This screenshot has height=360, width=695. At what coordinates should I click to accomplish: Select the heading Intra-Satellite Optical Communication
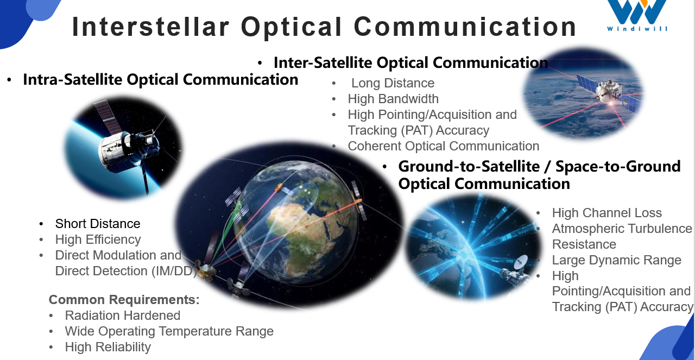click(160, 80)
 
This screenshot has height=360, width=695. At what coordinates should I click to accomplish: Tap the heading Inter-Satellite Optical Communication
click(410, 62)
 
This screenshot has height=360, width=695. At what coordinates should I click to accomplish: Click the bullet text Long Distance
click(393, 83)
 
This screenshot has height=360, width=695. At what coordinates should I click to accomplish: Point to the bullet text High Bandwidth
click(393, 99)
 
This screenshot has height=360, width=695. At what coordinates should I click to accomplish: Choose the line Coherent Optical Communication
click(443, 146)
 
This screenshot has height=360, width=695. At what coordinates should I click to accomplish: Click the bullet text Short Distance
click(98, 224)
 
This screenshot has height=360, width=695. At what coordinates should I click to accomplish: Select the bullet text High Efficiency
click(98, 239)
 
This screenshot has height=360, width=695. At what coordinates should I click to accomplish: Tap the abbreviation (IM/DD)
click(176, 271)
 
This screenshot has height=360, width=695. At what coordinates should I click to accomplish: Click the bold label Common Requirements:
click(124, 300)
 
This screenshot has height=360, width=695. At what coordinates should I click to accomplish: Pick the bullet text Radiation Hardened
click(122, 315)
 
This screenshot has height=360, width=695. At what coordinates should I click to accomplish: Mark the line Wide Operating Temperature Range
click(169, 331)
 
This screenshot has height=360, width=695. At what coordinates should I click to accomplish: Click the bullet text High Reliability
click(108, 347)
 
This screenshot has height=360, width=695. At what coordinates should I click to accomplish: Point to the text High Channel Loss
click(606, 213)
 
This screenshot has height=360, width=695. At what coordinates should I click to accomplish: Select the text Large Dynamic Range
click(616, 260)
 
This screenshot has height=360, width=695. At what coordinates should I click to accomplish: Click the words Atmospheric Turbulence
click(622, 229)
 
